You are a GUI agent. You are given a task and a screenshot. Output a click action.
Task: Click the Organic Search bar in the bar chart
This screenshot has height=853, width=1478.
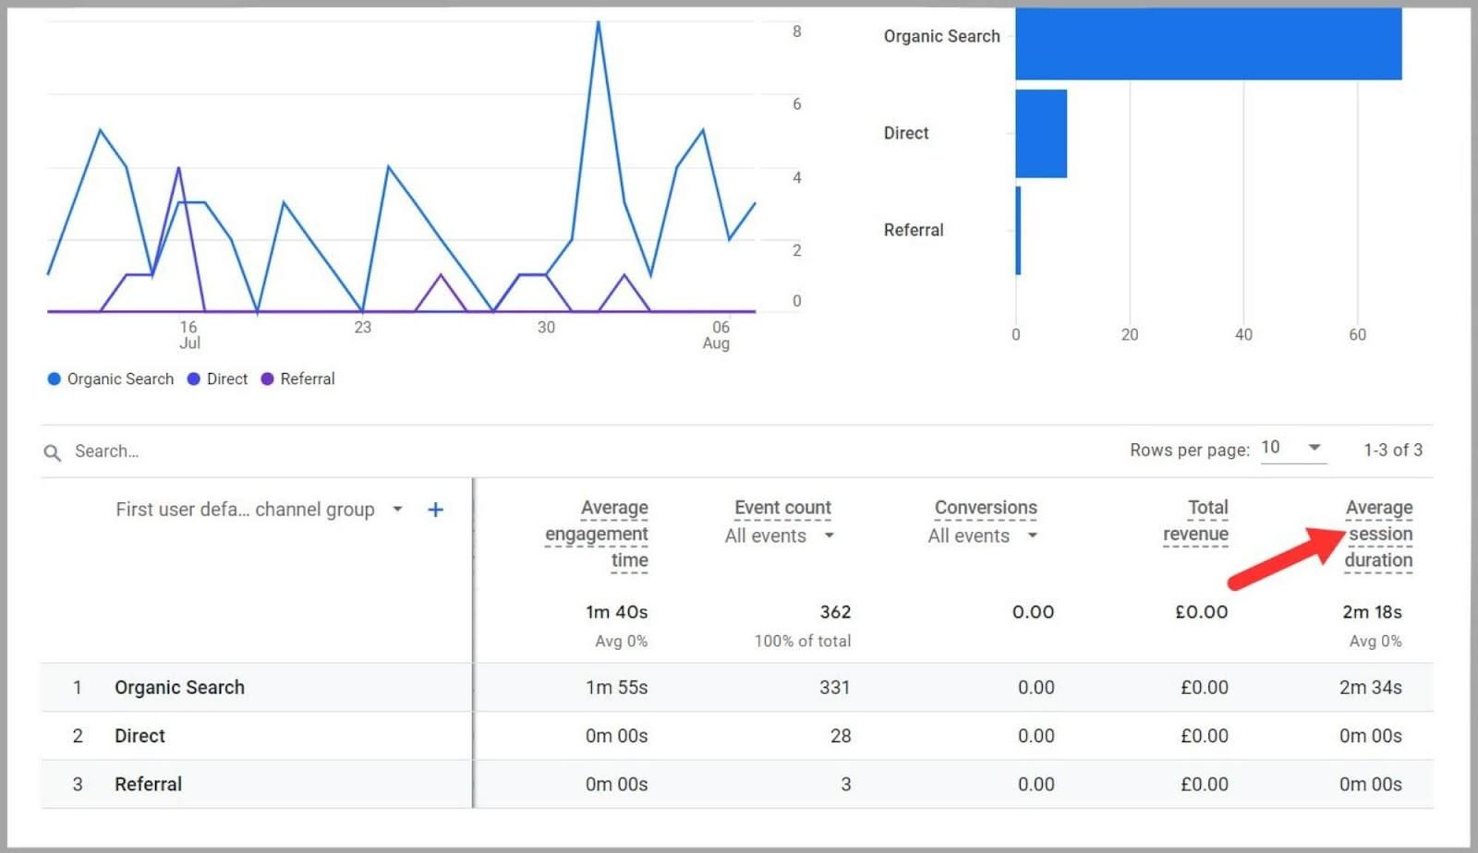(1208, 43)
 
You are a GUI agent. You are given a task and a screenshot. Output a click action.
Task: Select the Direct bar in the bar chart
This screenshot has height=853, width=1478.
(1041, 133)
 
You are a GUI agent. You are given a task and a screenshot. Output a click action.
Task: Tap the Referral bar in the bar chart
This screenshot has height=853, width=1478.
(1018, 230)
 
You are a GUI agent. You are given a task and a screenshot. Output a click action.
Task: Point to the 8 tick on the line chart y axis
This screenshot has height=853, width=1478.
(796, 31)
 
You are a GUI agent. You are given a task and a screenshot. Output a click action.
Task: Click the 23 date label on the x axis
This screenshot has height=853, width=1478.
(362, 328)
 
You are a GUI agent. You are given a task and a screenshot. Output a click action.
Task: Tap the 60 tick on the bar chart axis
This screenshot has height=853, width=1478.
(1357, 335)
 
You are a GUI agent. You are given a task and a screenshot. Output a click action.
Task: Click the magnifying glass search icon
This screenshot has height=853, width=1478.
(53, 452)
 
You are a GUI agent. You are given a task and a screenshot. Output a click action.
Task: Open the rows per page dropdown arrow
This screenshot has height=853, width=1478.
(1314, 448)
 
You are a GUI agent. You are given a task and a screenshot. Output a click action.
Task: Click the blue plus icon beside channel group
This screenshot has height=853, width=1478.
(435, 510)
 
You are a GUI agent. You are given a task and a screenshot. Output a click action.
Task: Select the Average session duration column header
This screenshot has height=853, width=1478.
(1378, 534)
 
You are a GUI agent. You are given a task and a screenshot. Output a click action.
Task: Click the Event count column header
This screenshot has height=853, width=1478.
(782, 508)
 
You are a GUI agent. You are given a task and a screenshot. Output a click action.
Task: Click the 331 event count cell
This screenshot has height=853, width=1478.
(834, 688)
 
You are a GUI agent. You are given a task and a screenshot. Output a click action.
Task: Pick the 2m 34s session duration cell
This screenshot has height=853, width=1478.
(1370, 688)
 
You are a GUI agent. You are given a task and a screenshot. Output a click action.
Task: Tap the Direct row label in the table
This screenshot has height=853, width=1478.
(139, 736)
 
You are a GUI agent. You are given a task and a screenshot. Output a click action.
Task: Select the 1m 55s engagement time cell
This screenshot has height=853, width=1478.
(616, 688)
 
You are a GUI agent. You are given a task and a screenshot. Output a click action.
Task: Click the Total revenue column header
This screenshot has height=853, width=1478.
(1196, 521)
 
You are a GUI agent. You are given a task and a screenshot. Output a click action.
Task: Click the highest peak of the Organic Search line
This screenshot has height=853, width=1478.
(599, 22)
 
